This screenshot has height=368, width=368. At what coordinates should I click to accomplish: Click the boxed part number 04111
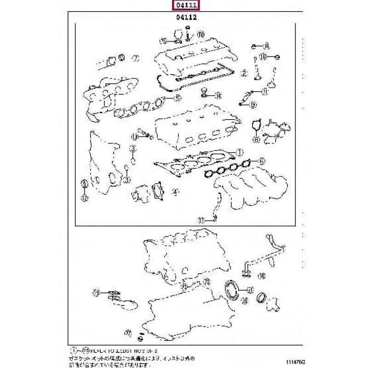183,6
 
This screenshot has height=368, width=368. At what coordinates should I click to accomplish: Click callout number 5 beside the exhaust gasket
177,98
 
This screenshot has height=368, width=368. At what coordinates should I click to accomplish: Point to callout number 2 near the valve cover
245,73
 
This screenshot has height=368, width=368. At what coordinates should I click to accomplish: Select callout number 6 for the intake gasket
260,161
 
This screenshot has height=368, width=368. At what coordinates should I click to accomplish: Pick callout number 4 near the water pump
174,191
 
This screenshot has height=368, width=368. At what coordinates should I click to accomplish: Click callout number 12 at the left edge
84,198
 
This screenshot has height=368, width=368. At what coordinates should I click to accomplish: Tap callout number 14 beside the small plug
218,96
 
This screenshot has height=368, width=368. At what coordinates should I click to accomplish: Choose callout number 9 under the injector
253,105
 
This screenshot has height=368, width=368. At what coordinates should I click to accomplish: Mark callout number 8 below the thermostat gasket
256,139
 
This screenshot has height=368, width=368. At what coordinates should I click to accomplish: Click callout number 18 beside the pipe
261,276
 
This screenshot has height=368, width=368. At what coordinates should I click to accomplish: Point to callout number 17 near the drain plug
128,332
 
